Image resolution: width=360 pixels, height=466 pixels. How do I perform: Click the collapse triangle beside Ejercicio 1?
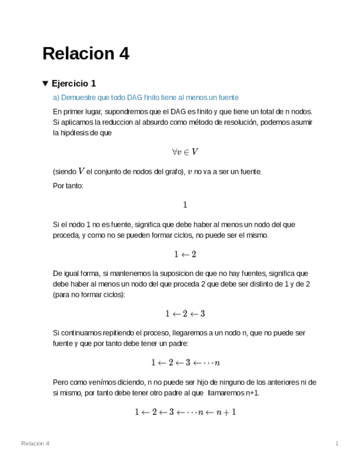[45, 84]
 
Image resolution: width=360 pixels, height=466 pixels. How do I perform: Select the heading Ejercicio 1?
[74, 84]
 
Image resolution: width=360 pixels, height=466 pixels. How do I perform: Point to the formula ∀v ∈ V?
[185, 152]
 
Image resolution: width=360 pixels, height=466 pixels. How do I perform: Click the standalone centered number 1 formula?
[185, 204]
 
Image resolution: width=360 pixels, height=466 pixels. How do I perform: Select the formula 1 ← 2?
[185, 254]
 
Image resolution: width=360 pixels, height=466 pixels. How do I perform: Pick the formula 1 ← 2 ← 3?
[185, 313]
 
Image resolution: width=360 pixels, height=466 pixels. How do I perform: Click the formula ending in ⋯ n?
[185, 363]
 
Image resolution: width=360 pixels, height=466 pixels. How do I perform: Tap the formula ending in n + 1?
[185, 412]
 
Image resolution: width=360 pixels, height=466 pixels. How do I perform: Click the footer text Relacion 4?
[35, 443]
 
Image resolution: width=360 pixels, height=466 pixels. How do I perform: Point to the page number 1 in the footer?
[337, 443]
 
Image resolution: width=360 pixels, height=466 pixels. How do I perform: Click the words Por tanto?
[68, 186]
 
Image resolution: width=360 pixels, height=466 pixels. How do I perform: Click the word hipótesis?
[77, 133]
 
